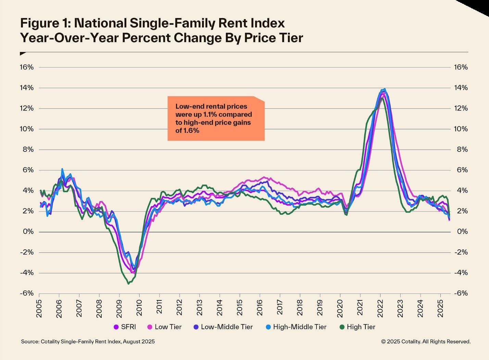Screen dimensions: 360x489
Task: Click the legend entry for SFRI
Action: point(125,327)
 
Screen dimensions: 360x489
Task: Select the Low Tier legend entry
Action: point(164,327)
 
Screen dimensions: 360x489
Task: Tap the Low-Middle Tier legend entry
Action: point(223,327)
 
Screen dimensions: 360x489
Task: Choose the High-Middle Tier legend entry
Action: point(296,327)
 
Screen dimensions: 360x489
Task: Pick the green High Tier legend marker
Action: point(342,327)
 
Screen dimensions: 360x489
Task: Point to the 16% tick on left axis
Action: point(27,67)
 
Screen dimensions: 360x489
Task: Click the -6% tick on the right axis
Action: point(461,294)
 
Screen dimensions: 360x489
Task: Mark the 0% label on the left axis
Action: point(28,232)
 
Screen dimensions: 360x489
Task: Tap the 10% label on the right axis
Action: point(461,129)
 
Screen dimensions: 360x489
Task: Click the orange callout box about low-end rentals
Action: point(216,119)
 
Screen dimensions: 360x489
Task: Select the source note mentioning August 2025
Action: point(88,342)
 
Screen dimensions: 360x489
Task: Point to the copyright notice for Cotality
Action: point(426,342)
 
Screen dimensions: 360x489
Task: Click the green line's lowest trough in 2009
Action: point(128,283)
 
